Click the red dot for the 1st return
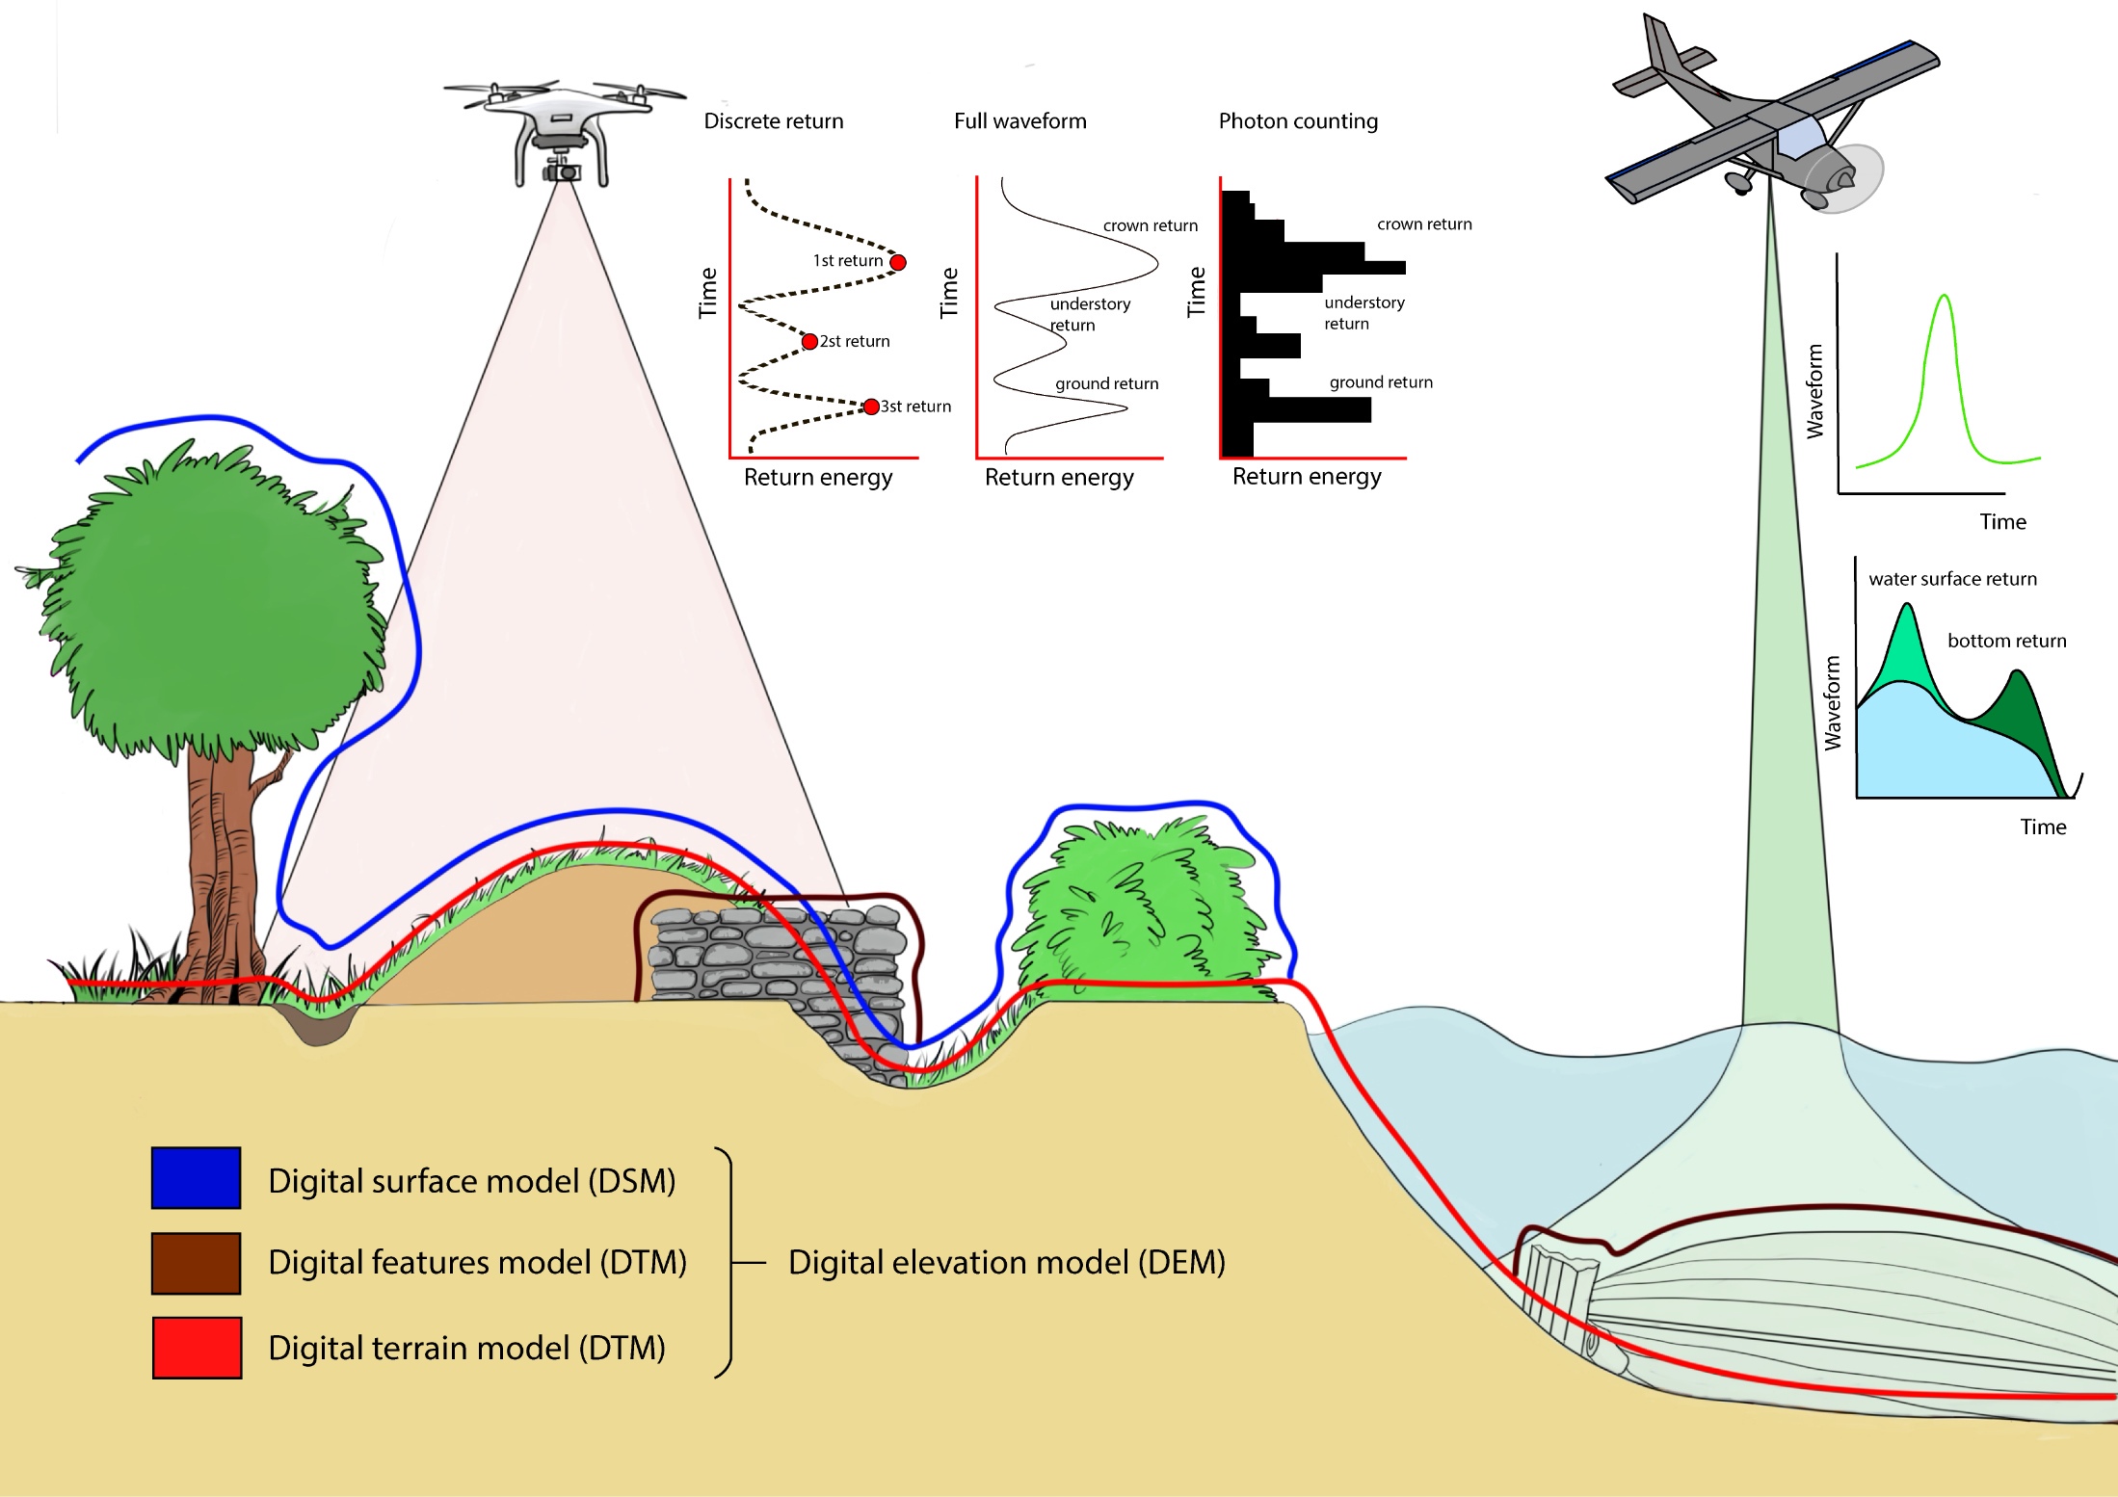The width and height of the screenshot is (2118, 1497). click(x=898, y=262)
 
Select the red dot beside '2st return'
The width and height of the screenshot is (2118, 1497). click(x=810, y=342)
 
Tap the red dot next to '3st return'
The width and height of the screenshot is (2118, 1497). click(x=871, y=407)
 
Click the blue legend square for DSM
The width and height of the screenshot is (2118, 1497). click(x=196, y=1177)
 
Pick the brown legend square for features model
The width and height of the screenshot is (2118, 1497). click(x=196, y=1263)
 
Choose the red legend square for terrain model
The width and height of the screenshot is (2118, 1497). click(x=197, y=1348)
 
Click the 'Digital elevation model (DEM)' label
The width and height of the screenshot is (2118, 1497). click(x=1007, y=1262)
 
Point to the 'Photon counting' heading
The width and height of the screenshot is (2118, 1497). click(x=1298, y=121)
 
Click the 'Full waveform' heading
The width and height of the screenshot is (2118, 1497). click(x=1020, y=121)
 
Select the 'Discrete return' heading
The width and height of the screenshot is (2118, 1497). click(x=774, y=121)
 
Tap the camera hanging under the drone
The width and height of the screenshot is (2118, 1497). click(x=561, y=170)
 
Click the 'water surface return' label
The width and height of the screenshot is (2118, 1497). click(x=1953, y=579)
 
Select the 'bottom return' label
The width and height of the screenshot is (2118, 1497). click(x=2007, y=641)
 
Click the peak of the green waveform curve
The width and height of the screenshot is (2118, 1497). click(x=1945, y=295)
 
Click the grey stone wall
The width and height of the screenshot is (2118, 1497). click(x=777, y=973)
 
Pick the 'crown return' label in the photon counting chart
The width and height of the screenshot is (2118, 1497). click(x=1424, y=224)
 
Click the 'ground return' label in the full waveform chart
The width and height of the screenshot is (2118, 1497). click(x=1107, y=383)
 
